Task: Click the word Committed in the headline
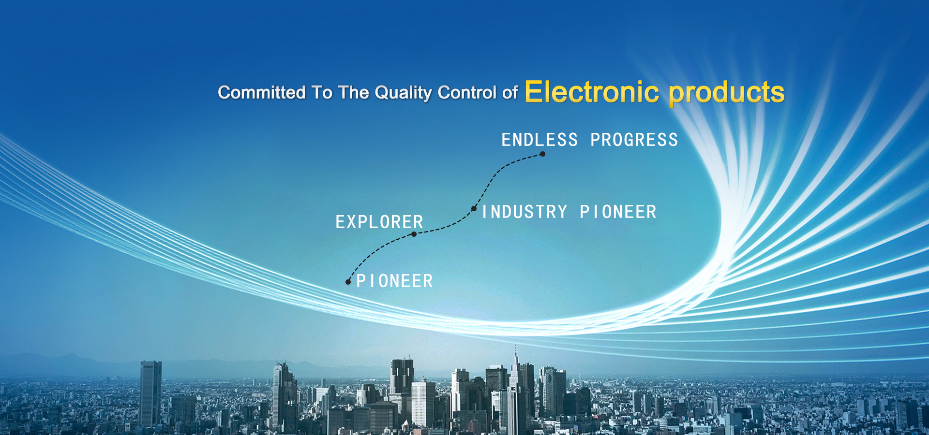262,92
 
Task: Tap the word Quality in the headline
403,93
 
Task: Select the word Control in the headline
467,92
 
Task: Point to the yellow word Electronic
592,92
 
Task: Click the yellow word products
726,93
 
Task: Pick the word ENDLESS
539,140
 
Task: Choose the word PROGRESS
634,140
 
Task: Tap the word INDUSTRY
524,212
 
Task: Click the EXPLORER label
379,222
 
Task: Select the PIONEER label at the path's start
394,281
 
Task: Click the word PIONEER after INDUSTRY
618,212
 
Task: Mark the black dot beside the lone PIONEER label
348,282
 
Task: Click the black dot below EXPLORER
414,234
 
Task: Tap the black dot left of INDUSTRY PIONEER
474,209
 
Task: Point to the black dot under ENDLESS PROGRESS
542,154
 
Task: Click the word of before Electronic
510,92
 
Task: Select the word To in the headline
322,92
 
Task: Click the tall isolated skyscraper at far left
151,394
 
